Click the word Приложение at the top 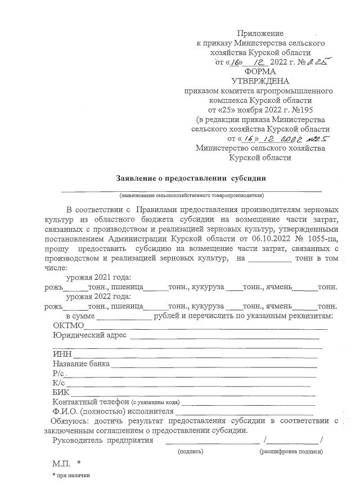pos(260,33)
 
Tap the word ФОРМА pos(260,71)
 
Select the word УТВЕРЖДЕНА pos(260,81)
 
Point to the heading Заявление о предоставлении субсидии pos(191,178)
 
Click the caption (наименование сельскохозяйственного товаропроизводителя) pos(191,195)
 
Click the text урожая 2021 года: pos(98,277)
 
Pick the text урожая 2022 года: pos(98,297)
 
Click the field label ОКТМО pos(68,326)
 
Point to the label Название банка pos(81,364)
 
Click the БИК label pos(61,392)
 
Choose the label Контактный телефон pos(91,402)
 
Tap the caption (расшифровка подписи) pos(291,451)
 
